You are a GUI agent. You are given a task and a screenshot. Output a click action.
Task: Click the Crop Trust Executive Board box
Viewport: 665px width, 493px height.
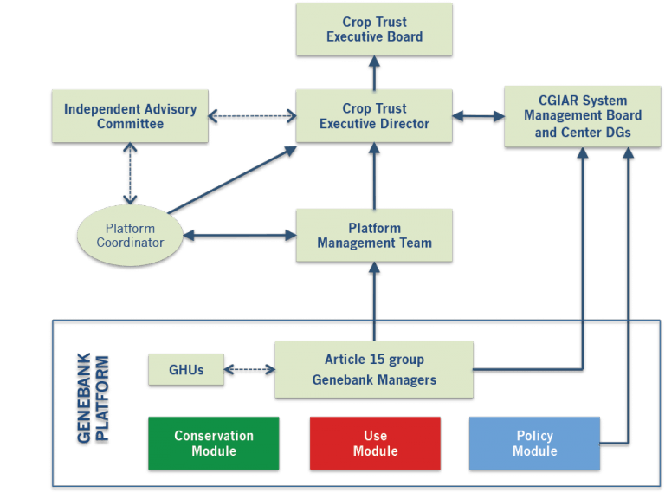[x=374, y=29]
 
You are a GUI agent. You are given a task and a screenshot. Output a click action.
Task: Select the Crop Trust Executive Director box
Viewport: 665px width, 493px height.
[x=374, y=116]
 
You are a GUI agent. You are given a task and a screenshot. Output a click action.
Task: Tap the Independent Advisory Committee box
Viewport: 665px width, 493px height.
[x=130, y=116]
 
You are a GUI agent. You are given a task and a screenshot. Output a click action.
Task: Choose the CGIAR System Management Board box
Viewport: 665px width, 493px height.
[x=583, y=116]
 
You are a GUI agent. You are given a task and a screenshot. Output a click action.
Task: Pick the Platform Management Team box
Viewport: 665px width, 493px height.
[x=374, y=236]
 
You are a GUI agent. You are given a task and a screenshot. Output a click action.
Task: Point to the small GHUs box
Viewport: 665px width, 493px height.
[x=186, y=370]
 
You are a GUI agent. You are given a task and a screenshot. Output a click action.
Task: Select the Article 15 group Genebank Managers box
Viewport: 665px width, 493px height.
[x=374, y=370]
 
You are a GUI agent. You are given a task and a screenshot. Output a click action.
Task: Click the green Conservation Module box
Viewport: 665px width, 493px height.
[x=214, y=444]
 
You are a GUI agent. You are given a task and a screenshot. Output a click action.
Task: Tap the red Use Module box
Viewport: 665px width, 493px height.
[x=375, y=444]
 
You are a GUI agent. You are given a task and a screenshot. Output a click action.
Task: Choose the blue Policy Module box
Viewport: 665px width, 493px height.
[x=534, y=444]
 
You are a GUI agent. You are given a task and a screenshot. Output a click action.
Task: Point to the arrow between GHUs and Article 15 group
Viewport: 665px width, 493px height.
[x=249, y=371]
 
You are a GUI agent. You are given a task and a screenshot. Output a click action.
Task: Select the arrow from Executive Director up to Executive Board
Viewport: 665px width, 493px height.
[x=374, y=73]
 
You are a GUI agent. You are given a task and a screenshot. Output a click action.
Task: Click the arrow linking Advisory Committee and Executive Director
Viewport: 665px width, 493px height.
[x=252, y=115]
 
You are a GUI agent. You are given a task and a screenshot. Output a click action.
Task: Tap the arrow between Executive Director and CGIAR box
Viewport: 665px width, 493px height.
[x=478, y=115]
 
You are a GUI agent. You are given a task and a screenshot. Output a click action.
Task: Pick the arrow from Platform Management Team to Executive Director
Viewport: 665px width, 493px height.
[x=374, y=176]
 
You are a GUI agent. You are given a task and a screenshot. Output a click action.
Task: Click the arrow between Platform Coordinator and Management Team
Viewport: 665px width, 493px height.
[x=239, y=236]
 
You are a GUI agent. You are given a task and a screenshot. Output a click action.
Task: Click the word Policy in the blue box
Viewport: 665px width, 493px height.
[x=534, y=436]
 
